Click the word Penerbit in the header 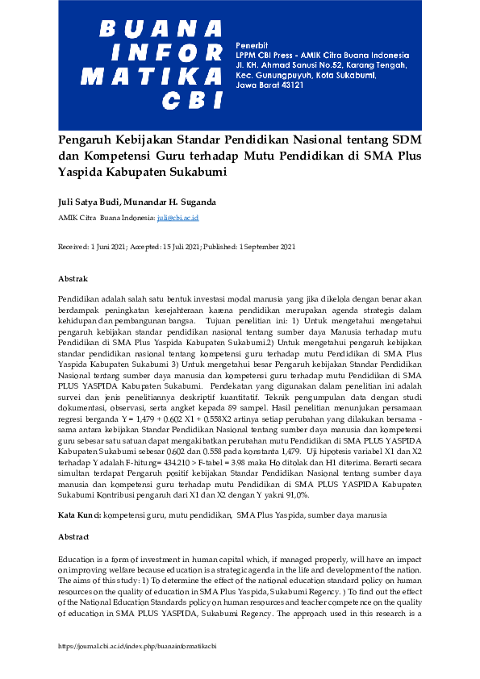point(251,43)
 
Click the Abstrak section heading point(73,278)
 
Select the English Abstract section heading point(73,536)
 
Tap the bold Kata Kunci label point(80,514)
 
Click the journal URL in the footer point(137,647)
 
